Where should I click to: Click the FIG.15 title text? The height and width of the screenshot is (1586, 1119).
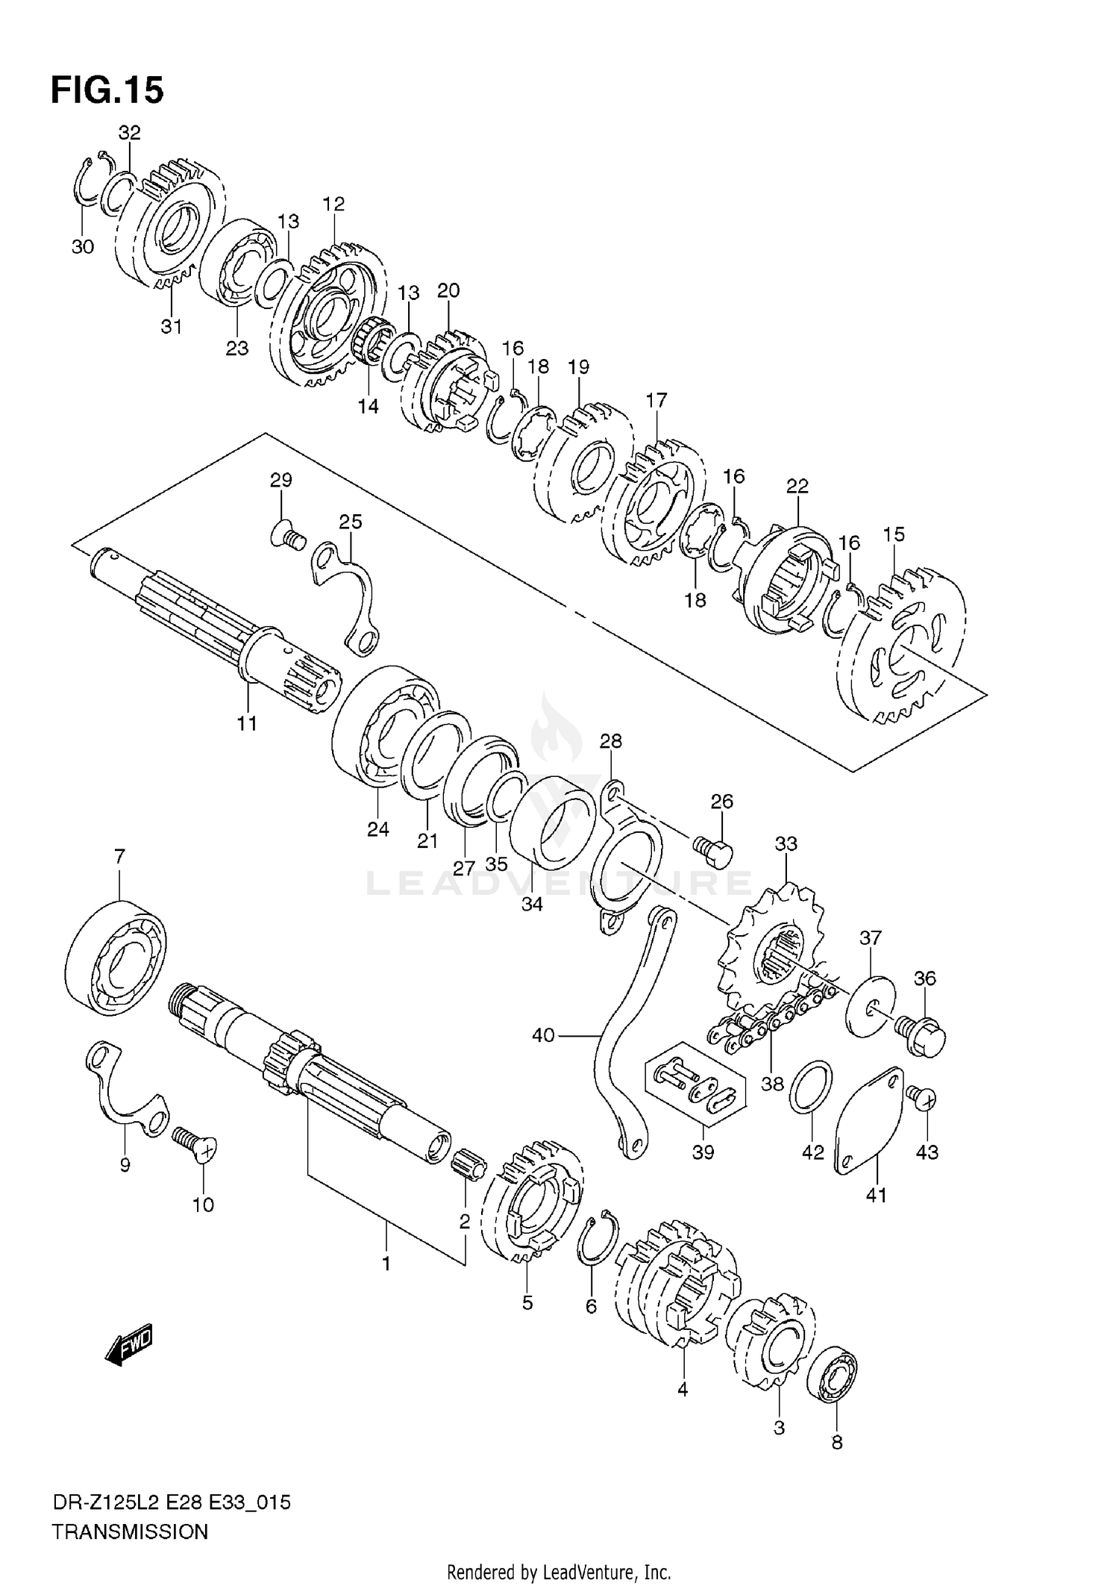[x=107, y=90]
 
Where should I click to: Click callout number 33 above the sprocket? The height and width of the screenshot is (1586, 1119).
[x=786, y=843]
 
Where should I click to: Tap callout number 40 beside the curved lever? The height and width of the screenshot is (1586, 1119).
[x=543, y=1036]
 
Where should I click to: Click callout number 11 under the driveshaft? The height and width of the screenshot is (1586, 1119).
[x=247, y=722]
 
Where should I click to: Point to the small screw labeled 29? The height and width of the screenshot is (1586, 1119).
[x=287, y=537]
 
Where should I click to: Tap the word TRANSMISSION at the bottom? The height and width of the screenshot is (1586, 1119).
[x=130, y=1532]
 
